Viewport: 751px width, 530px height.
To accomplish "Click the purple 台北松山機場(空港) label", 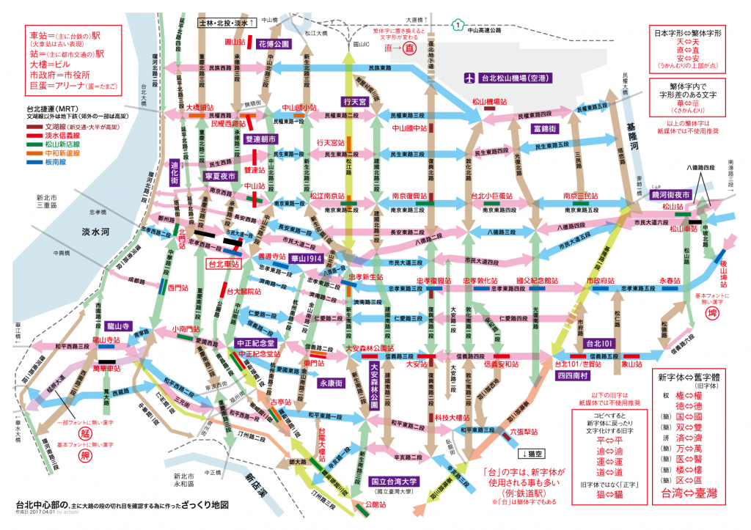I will pyautogui.click(x=507, y=77).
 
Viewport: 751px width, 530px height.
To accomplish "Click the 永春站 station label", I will pyautogui.click(x=670, y=281).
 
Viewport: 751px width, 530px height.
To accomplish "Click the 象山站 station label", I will pyautogui.click(x=632, y=363).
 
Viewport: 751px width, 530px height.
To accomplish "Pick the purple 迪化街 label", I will pyautogui.click(x=175, y=171).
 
